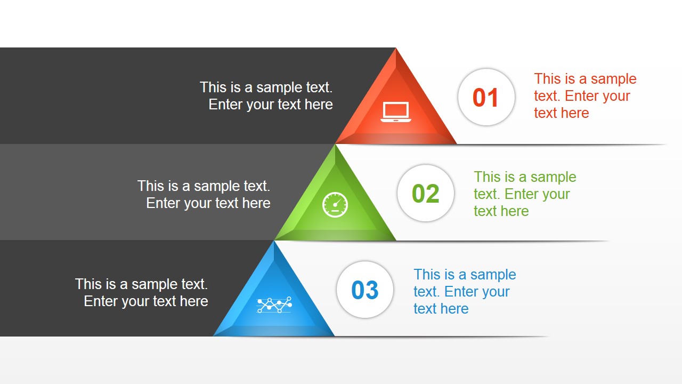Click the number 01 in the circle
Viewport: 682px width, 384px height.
(485, 98)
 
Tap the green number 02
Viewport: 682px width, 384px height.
(425, 194)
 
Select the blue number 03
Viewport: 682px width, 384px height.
(364, 290)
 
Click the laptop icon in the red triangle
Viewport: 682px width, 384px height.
(396, 112)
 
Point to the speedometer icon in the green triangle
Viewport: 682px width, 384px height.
(335, 205)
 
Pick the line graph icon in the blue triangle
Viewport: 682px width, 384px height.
(274, 305)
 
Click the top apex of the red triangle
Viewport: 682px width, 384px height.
(396, 49)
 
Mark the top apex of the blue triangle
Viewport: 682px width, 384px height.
(274, 242)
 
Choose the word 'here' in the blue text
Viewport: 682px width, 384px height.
(454, 309)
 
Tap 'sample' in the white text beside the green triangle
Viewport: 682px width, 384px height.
(218, 186)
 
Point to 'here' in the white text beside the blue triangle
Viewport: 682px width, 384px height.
(193, 301)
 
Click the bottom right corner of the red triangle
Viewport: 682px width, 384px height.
(456, 143)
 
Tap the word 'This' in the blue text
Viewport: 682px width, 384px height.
(427, 275)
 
